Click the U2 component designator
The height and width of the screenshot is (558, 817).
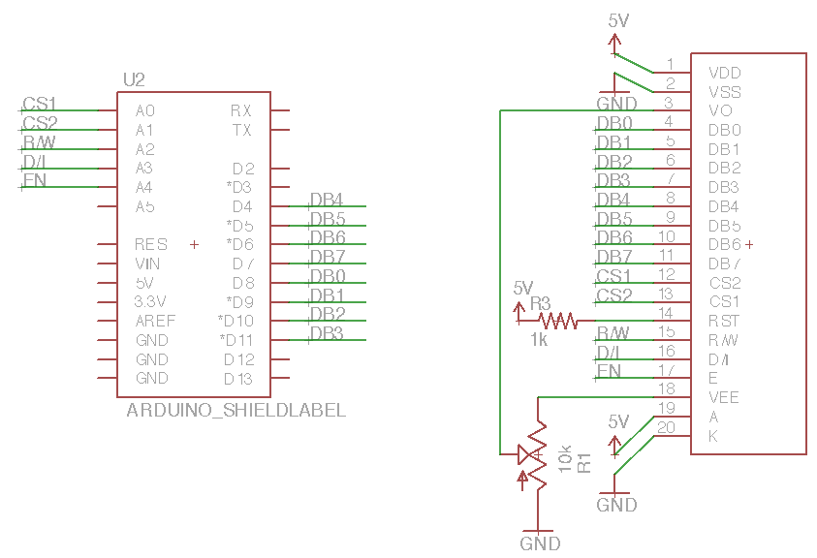[135, 79]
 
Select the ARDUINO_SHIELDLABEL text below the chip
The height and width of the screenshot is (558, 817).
[236, 410]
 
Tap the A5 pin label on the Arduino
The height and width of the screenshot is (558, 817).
[145, 206]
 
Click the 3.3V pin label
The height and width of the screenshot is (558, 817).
[151, 301]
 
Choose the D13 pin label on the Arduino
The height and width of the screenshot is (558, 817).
[238, 379]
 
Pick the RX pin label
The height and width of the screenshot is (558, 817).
[241, 110]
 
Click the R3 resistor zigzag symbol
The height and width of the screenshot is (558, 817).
[557, 320]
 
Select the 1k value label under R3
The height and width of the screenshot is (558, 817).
[540, 339]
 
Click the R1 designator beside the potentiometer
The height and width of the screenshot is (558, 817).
[584, 462]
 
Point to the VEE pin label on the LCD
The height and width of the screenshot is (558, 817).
[725, 397]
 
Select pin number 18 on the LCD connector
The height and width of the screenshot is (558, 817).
[666, 387]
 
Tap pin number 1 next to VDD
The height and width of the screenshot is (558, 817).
[670, 65]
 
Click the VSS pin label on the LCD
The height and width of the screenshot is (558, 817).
[725, 92]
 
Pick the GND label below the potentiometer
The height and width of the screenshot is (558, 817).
[540, 543]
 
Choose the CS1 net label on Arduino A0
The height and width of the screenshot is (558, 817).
[40, 104]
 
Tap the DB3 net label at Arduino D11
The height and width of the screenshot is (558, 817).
[328, 333]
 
